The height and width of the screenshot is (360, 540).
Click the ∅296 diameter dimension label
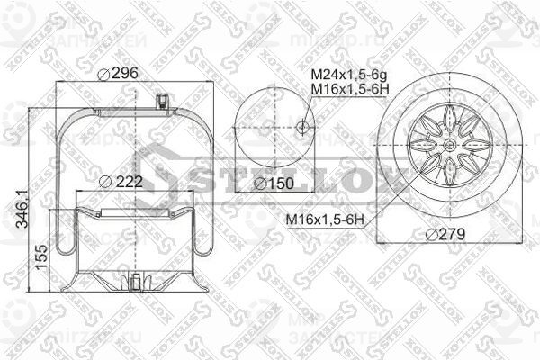[x=121, y=74]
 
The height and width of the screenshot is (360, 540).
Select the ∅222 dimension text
[x=122, y=181]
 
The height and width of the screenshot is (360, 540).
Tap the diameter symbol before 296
[x=104, y=74]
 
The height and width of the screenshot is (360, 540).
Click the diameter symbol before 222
[x=105, y=181]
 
